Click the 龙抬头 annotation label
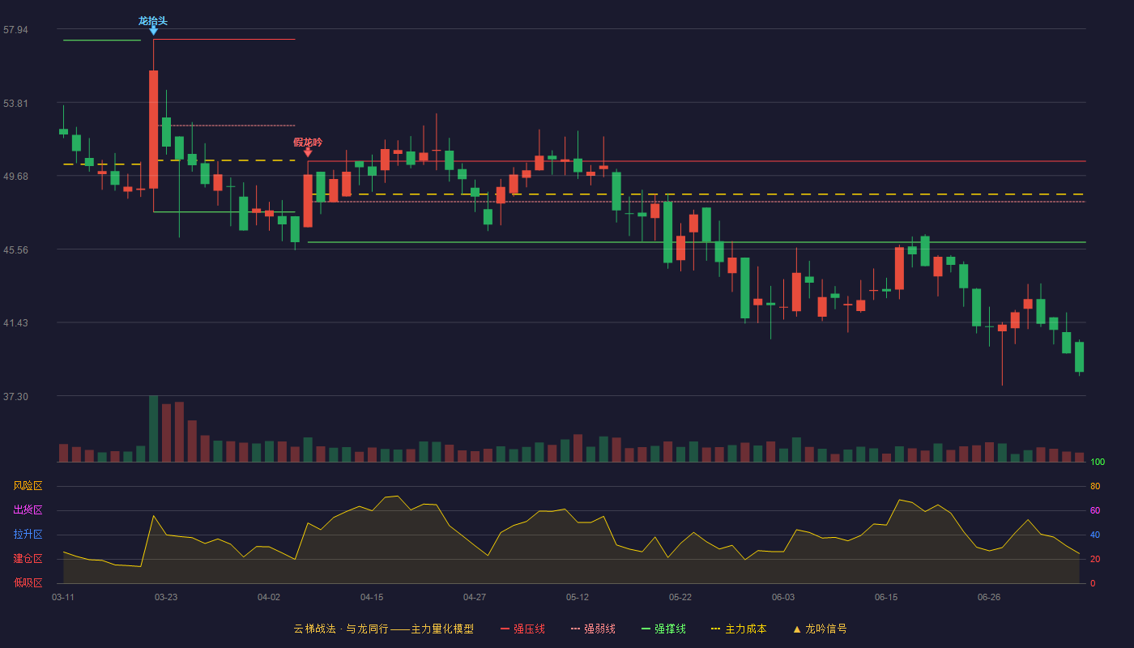click(153, 21)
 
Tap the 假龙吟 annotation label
click(308, 143)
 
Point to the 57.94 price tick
click(15, 30)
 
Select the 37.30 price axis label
click(15, 396)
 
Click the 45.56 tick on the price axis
click(15, 250)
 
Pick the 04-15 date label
click(372, 598)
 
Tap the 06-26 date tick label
click(989, 598)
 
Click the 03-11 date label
click(63, 598)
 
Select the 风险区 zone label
click(28, 486)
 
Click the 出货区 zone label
click(28, 509)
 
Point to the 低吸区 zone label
click(28, 582)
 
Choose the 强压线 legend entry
click(522, 629)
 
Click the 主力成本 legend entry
click(739, 629)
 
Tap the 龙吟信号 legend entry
click(820, 629)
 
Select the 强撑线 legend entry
click(663, 629)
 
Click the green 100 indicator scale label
click(1098, 462)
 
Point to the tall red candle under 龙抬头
click(153, 129)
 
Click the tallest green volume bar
click(153, 428)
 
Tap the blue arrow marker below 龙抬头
click(153, 32)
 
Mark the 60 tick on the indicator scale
click(1095, 510)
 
